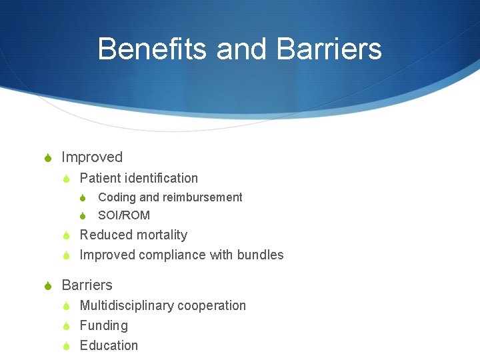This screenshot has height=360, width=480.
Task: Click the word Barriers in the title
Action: pyautogui.click(x=328, y=49)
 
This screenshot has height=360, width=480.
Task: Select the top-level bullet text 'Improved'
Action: pyautogui.click(x=92, y=157)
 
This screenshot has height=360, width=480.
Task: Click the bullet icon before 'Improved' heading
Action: pyautogui.click(x=47, y=158)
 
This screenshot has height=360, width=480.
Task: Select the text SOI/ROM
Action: pyautogui.click(x=124, y=215)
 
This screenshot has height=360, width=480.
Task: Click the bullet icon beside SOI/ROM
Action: pyautogui.click(x=83, y=215)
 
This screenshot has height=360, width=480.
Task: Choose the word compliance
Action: pyautogui.click(x=173, y=255)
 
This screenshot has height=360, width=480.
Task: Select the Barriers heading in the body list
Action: pyautogui.click(x=87, y=285)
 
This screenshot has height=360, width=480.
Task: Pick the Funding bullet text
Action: pyautogui.click(x=103, y=325)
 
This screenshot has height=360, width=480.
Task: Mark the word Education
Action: pyautogui.click(x=109, y=345)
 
